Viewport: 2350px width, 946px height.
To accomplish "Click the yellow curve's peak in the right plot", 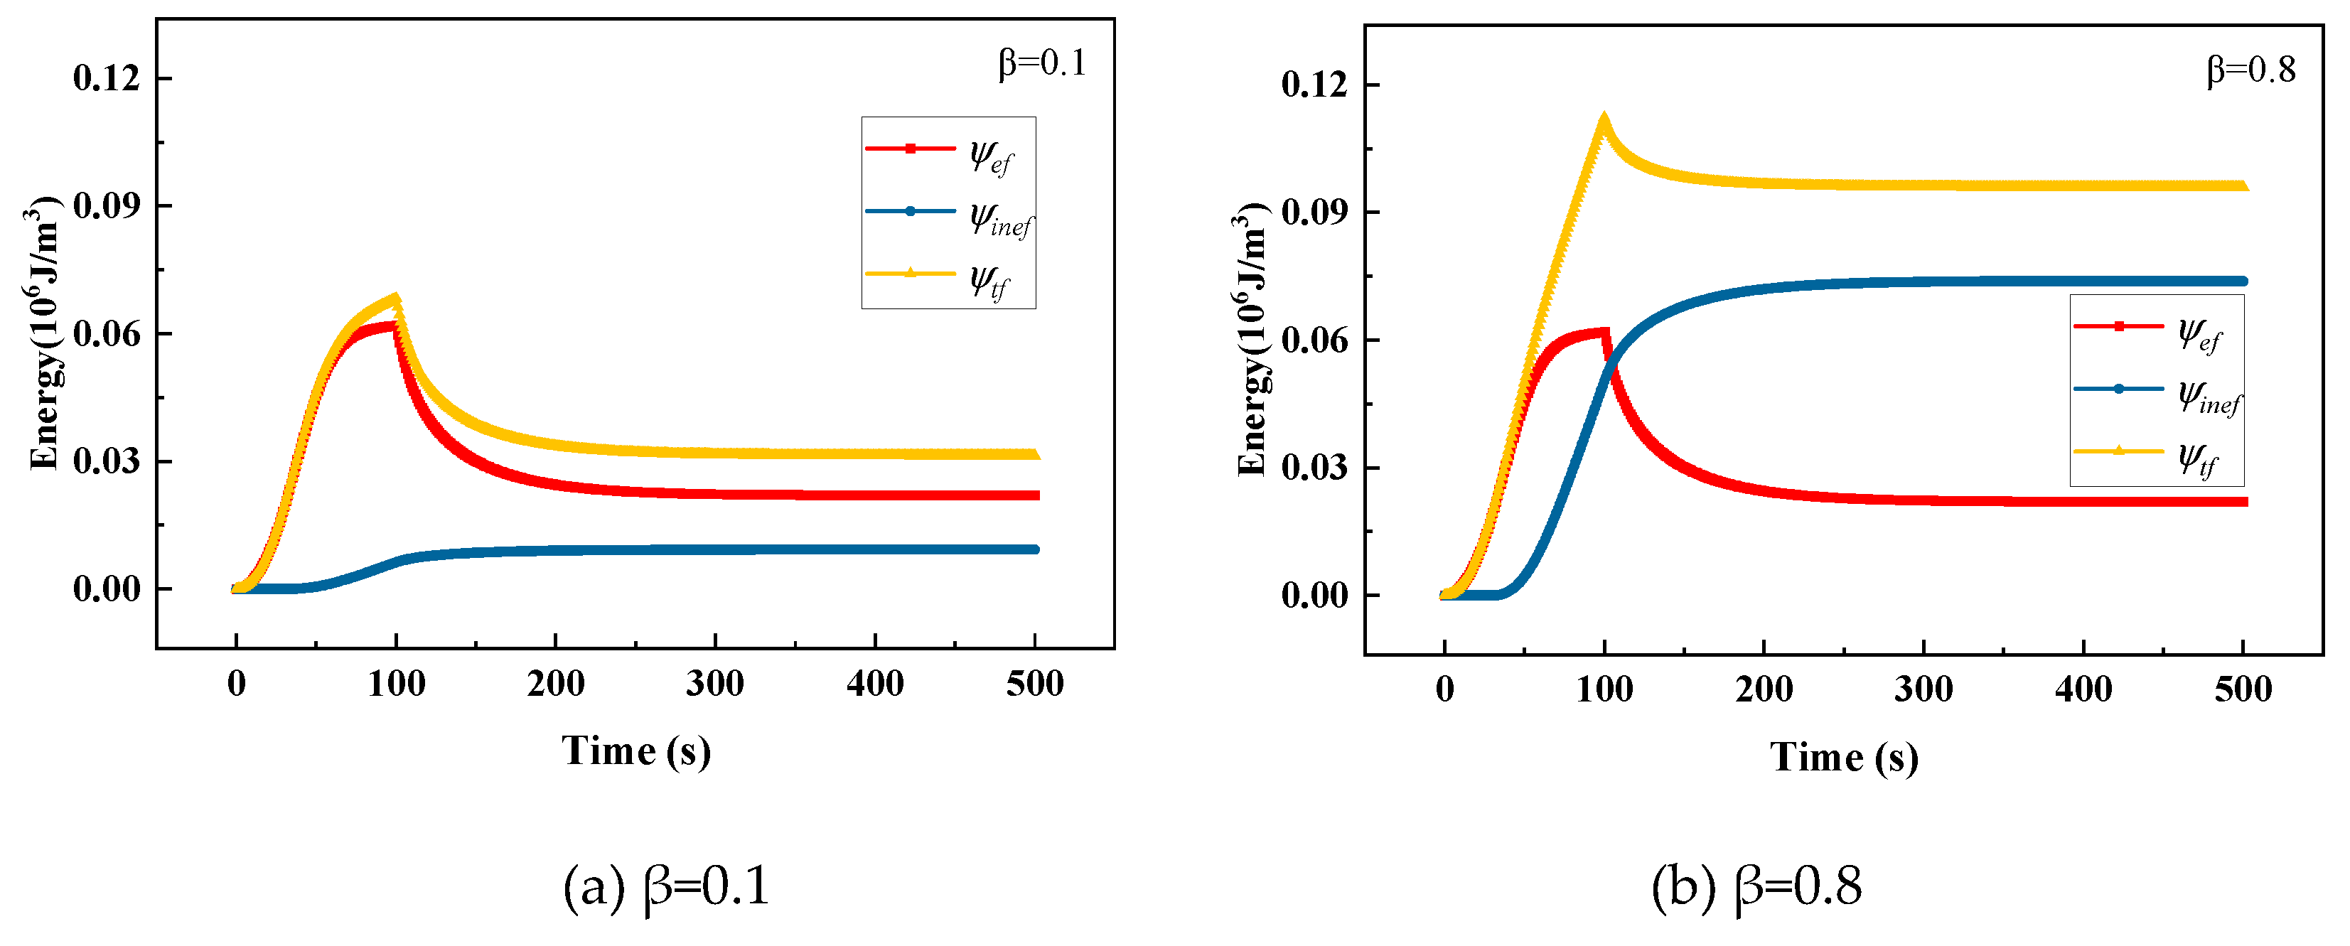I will pyautogui.click(x=1603, y=119).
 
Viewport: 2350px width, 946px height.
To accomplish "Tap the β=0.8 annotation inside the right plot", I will pyautogui.click(x=2250, y=70).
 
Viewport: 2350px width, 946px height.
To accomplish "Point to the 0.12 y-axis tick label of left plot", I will pyautogui.click(x=107, y=78).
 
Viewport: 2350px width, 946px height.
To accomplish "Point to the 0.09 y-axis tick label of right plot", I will pyautogui.click(x=1314, y=213).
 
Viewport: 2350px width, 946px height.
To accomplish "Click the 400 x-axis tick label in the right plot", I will pyautogui.click(x=2083, y=689).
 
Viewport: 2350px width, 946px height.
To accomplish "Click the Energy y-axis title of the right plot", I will pyautogui.click(x=1252, y=339).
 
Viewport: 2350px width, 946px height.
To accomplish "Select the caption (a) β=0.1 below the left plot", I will pyautogui.click(x=666, y=886).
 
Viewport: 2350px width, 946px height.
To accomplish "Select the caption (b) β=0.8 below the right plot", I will pyautogui.click(x=1756, y=886).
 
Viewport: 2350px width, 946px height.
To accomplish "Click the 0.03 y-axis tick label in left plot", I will pyautogui.click(x=107, y=461).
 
